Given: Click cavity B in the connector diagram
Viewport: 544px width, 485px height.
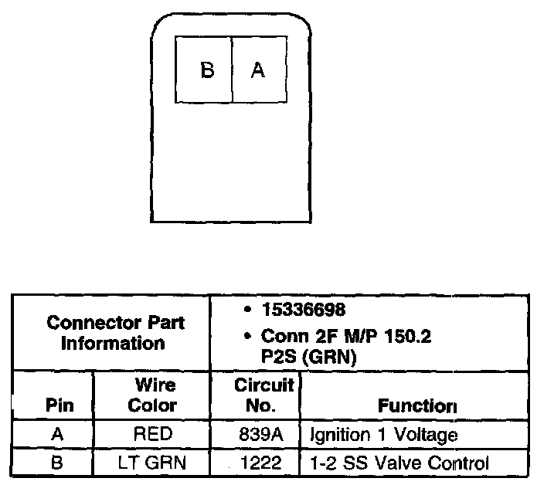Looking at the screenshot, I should tap(206, 70).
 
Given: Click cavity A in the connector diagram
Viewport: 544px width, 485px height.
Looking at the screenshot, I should tap(258, 70).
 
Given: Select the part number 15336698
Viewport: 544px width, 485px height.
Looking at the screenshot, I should tap(304, 310).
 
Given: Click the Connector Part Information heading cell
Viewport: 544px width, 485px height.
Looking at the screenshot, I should tap(116, 333).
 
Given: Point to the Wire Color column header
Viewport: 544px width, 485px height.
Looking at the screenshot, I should tap(152, 395).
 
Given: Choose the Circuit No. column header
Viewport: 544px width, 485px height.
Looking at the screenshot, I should tap(254, 395).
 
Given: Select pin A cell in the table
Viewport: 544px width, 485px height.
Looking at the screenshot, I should tap(56, 435).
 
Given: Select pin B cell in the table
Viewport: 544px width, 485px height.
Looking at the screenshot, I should tap(56, 463).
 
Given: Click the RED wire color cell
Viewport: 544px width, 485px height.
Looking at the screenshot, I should tap(152, 435).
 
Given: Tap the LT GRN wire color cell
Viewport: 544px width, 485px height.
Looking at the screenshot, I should tap(152, 463).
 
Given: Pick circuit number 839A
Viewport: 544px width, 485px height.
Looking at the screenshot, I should tap(254, 435).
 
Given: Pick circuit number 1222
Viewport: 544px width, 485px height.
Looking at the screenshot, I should tap(254, 463).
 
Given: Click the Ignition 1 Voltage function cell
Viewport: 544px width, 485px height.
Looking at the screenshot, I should tap(383, 435).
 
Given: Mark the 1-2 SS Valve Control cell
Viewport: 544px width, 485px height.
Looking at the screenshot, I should tap(399, 463).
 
